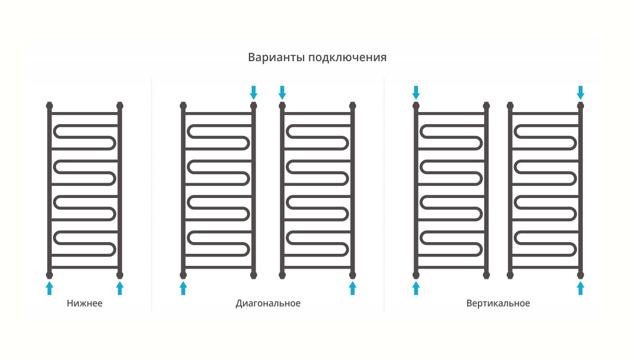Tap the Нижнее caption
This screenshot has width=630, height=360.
(x=85, y=303)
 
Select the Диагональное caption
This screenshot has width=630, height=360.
(x=268, y=303)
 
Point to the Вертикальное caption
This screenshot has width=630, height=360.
(x=498, y=303)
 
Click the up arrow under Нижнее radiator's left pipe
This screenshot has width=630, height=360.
(x=49, y=288)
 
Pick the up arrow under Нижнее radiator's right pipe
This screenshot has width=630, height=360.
(x=120, y=288)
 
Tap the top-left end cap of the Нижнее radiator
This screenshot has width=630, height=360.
(x=49, y=106)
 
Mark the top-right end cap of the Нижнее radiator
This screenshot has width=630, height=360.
(x=120, y=106)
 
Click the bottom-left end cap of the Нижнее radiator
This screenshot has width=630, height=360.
(x=49, y=274)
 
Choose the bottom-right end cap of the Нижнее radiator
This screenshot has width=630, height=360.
(x=120, y=274)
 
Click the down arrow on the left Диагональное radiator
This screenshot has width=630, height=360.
(x=254, y=92)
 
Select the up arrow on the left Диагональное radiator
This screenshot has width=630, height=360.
(x=183, y=288)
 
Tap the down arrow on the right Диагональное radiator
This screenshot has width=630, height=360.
(x=282, y=92)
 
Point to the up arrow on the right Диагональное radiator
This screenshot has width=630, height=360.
(x=352, y=288)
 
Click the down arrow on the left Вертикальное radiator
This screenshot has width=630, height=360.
(x=416, y=92)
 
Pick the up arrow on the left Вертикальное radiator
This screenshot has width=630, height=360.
(x=416, y=288)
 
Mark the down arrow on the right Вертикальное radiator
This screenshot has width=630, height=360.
(x=580, y=92)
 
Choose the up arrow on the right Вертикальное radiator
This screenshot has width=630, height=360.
(x=580, y=288)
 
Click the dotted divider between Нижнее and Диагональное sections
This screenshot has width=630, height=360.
(x=152, y=193)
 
